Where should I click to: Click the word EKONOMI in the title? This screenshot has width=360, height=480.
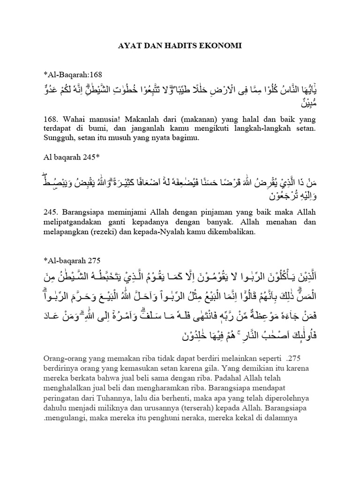click(222, 46)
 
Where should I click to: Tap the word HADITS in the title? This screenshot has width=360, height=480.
click(182, 46)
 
